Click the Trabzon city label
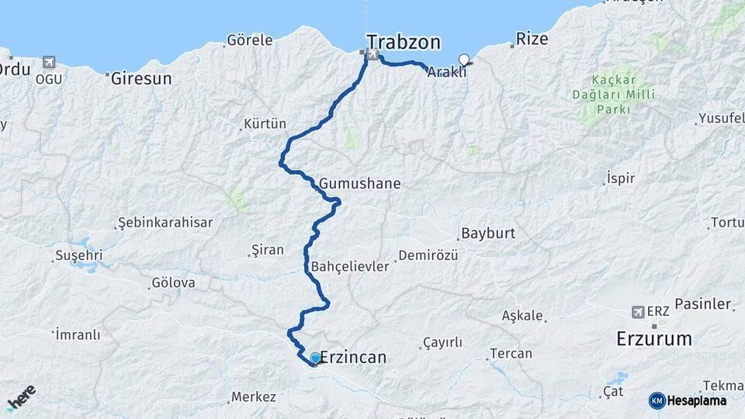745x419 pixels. point(404,41)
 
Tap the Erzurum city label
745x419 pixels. point(653,339)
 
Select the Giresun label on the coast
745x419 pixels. point(140,78)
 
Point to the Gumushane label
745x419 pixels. point(359,184)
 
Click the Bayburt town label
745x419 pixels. point(488,233)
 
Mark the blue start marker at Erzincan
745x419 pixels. point(315,358)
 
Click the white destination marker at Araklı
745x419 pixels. point(464,59)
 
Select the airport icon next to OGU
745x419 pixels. point(50,61)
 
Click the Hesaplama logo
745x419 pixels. point(688,400)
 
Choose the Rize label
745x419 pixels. point(532,40)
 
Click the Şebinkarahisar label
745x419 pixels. point(165,223)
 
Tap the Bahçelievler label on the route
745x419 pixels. point(349,266)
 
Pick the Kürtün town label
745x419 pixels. point(265,124)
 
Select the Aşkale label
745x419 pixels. point(522,316)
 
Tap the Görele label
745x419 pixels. point(249,40)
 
